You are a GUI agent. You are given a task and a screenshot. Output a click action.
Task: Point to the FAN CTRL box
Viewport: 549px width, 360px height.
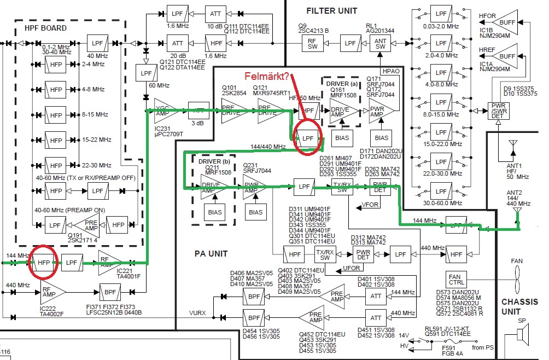pos(455,279)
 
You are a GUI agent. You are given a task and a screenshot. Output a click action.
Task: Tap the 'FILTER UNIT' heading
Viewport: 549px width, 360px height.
pos(331,10)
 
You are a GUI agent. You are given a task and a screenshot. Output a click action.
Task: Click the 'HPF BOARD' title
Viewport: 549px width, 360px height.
pos(45,28)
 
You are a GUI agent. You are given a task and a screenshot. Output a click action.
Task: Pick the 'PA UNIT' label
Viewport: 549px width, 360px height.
pos(211,253)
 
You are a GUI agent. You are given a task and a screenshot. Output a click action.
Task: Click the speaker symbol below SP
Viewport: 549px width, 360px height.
pos(524,333)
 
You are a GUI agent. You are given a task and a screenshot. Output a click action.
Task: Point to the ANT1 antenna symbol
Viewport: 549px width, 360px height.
pos(512,147)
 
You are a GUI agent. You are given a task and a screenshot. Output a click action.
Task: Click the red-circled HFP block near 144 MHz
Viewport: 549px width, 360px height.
pos(44,262)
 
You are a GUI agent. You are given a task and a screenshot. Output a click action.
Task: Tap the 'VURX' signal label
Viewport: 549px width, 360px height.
pos(197,313)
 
